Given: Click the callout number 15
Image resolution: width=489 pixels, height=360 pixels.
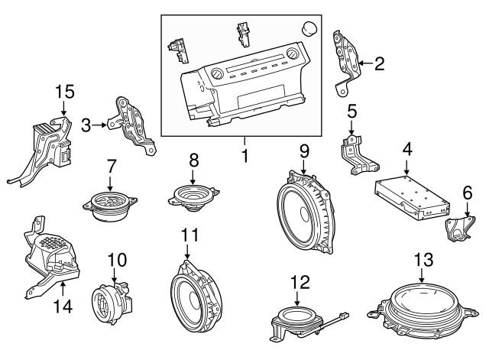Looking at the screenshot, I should [65, 92].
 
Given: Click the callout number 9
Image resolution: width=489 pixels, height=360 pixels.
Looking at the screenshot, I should [303, 151].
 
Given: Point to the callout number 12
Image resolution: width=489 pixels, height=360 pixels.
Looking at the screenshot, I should [300, 282].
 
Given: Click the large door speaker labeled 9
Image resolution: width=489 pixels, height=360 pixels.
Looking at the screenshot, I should [303, 210].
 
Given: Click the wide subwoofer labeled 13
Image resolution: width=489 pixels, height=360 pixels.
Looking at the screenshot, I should [420, 310].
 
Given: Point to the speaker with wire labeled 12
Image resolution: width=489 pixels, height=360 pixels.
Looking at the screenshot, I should [294, 318].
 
